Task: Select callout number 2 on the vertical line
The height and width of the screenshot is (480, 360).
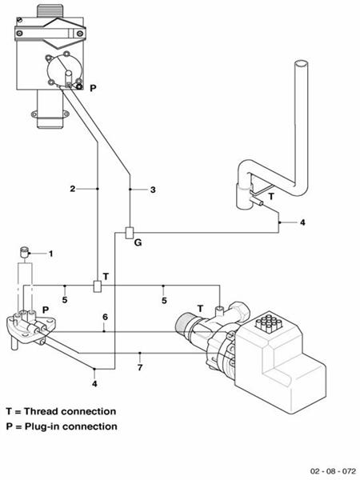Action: (x=72, y=189)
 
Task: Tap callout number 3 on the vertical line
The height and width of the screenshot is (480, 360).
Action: (x=152, y=190)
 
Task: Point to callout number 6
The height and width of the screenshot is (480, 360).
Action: (x=104, y=318)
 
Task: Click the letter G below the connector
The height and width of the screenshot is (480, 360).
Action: (x=139, y=240)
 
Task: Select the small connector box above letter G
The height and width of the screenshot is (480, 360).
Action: (x=129, y=232)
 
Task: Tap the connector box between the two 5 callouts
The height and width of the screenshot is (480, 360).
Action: (x=96, y=286)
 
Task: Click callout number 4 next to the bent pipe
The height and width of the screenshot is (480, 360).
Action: (x=302, y=222)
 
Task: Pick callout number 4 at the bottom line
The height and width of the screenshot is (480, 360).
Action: (x=95, y=382)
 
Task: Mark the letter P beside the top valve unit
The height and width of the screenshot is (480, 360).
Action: (x=94, y=87)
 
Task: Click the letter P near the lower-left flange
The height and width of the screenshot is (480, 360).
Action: (x=46, y=308)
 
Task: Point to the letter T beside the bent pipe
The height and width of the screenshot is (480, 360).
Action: (x=270, y=195)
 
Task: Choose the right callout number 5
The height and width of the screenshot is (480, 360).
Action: (x=164, y=300)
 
